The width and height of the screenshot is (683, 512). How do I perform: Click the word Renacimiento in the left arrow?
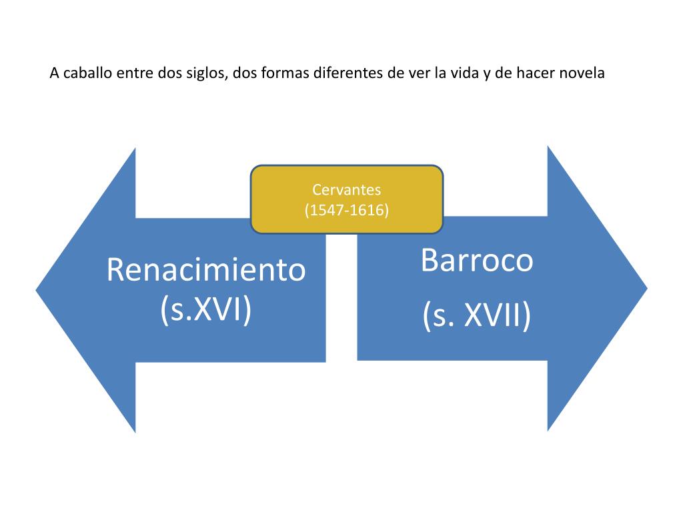pos(206,270)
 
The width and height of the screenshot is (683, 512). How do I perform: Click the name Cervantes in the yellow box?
pos(346,191)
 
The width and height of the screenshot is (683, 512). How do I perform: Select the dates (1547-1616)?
pos(346,211)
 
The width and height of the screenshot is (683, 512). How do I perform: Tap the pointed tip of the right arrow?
pos(645,289)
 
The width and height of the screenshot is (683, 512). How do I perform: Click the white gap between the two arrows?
pos(341,300)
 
